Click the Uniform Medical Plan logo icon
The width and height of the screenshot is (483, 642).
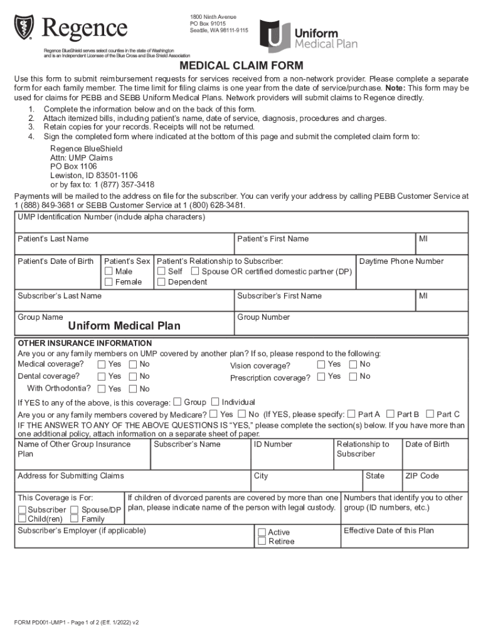click(x=274, y=36)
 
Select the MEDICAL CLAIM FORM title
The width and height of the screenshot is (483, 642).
click(x=242, y=66)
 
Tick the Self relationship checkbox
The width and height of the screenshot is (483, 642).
click(x=161, y=271)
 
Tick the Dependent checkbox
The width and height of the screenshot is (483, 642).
click(x=161, y=282)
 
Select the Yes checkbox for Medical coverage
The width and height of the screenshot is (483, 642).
click(x=102, y=364)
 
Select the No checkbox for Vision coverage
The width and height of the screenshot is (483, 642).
click(x=353, y=364)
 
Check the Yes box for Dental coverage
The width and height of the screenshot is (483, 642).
click(x=102, y=376)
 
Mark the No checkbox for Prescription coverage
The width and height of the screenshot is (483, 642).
click(x=353, y=376)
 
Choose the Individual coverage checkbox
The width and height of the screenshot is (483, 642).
click(x=216, y=402)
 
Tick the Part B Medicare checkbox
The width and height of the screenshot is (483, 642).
click(x=390, y=414)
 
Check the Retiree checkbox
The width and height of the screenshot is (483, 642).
click(x=262, y=542)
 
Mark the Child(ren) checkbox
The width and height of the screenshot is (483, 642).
click(x=22, y=519)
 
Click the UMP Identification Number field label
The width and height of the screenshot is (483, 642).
click(x=111, y=218)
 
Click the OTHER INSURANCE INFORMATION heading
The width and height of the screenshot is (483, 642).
click(x=85, y=344)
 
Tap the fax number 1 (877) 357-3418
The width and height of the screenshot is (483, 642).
click(x=119, y=184)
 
